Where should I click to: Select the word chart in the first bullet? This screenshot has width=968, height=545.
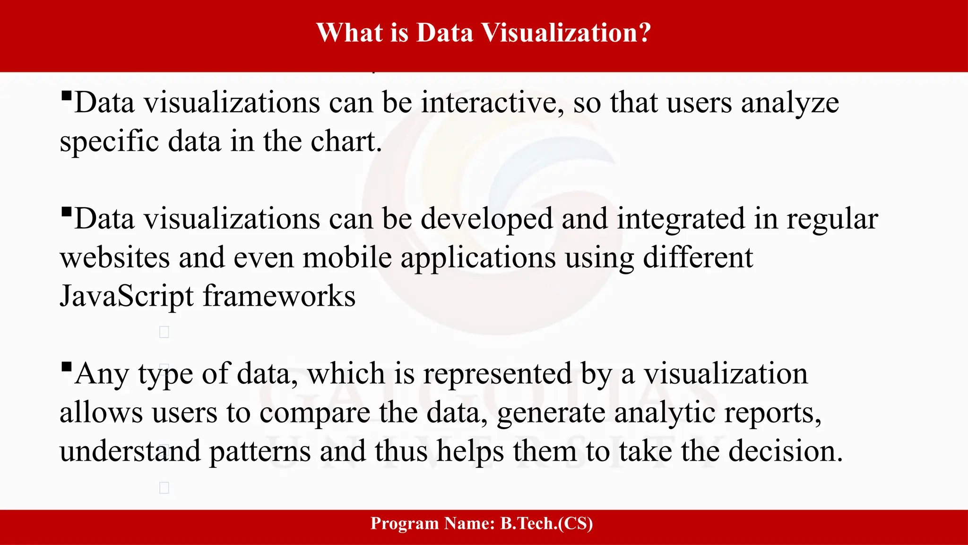(x=345, y=141)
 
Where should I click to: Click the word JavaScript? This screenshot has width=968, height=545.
(x=127, y=297)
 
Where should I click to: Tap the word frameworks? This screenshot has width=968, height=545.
(x=279, y=297)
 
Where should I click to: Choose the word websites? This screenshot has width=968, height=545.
(x=115, y=258)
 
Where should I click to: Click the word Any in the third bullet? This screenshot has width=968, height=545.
(x=102, y=375)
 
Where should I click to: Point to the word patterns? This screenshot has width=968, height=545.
(x=260, y=452)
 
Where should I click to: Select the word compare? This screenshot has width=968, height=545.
(x=314, y=413)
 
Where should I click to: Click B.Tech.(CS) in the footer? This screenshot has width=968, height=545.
(x=546, y=523)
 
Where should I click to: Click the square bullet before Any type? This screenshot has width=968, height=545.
(x=66, y=366)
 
